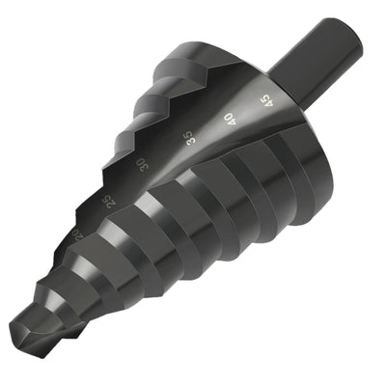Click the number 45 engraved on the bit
[263, 99]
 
